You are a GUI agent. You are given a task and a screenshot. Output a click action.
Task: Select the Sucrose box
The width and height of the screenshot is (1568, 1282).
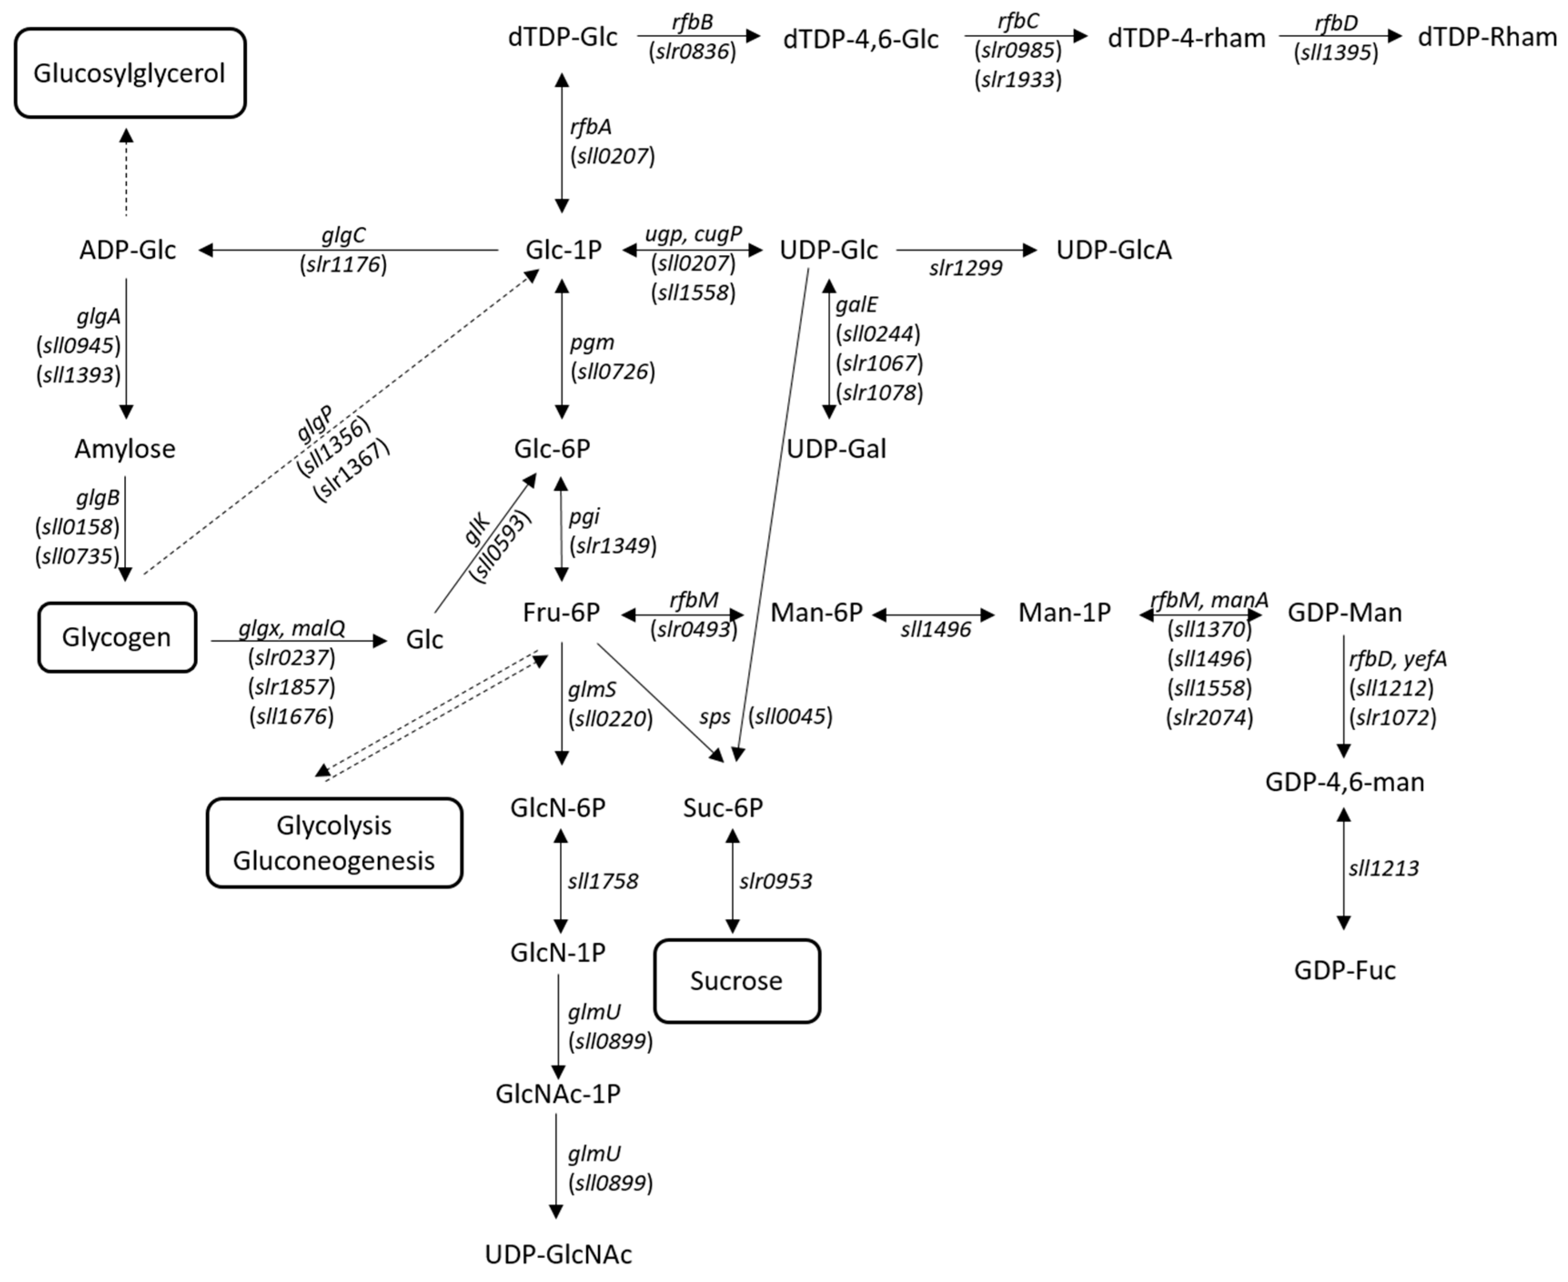[x=736, y=980]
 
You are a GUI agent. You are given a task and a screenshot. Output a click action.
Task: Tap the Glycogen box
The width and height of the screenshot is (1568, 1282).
[x=117, y=637]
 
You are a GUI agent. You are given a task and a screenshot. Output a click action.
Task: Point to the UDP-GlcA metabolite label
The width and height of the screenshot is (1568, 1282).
[x=1113, y=250]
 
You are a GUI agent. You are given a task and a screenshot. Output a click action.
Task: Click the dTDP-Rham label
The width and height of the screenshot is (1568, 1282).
[x=1486, y=37]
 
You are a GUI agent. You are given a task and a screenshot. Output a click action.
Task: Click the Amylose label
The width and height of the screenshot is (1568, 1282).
[x=125, y=449]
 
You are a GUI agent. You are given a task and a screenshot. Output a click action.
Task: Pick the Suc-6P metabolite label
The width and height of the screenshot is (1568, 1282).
[x=722, y=808]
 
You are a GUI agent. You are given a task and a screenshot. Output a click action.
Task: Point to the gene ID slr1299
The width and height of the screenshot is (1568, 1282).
[x=965, y=268]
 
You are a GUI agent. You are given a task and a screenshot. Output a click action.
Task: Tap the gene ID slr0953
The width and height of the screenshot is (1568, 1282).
[x=775, y=881]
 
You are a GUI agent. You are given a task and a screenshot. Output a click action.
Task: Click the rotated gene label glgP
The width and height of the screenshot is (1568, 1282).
[x=315, y=424]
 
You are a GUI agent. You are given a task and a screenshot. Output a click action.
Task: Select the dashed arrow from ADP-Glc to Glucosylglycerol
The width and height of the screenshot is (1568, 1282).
[x=126, y=174]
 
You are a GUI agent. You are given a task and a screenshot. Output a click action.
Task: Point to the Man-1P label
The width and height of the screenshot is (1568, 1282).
[x=1064, y=612]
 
